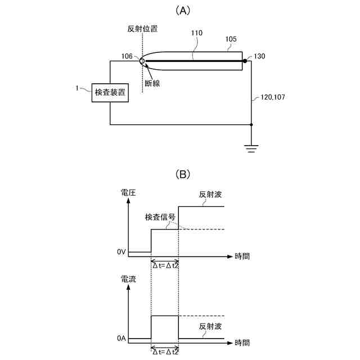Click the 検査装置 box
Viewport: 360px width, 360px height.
[110, 92]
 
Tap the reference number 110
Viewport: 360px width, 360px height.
[196, 34]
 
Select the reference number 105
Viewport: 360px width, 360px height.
[231, 39]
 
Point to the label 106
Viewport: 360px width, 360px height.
[127, 56]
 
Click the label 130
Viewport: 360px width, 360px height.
[259, 56]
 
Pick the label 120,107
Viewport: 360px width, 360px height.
[273, 97]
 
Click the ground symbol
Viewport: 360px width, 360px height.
[251, 148]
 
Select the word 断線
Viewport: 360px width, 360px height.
[152, 83]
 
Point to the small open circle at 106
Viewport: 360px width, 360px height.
[142, 61]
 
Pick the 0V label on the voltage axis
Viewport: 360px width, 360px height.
[121, 252]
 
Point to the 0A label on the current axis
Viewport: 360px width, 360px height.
[121, 339]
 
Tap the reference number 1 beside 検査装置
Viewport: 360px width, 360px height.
[78, 88]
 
